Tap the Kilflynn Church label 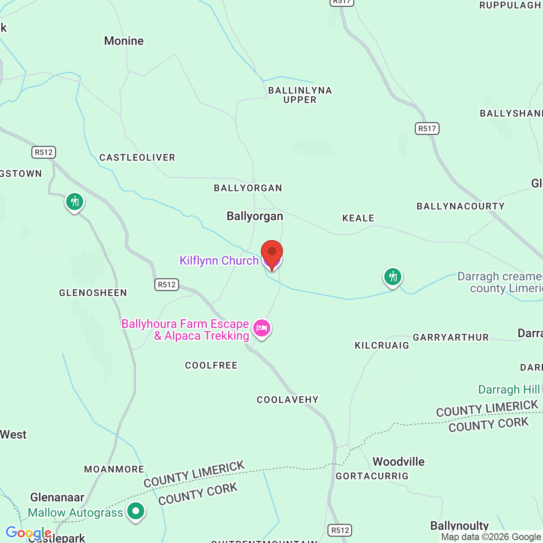click(219, 260)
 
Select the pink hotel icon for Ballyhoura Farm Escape click(262, 328)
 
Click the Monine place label click(124, 41)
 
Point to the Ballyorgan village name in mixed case click(255, 216)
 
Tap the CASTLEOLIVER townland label click(137, 158)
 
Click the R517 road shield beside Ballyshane click(427, 129)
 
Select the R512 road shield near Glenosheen click(166, 285)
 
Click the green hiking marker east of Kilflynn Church click(393, 277)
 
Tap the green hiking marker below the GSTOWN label click(75, 202)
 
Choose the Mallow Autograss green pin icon click(136, 511)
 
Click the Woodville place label click(398, 462)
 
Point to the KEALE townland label click(358, 218)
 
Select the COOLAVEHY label click(288, 400)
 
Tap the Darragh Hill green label click(509, 389)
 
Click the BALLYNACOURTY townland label click(461, 207)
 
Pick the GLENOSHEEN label click(93, 293)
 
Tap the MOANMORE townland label click(114, 469)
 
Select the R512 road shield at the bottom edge click(340, 530)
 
